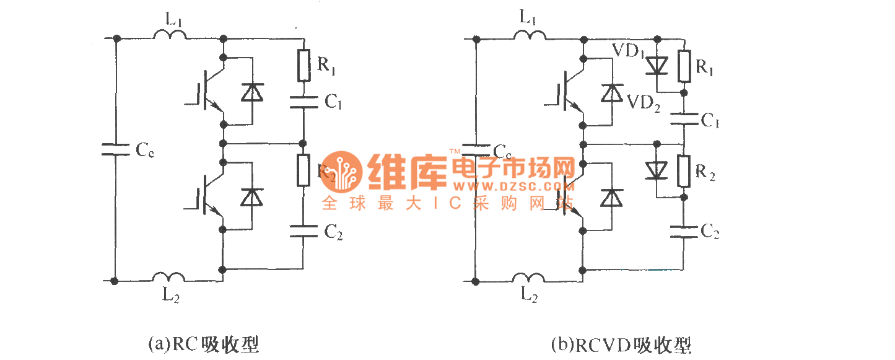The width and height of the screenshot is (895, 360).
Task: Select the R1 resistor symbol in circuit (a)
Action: (x=303, y=66)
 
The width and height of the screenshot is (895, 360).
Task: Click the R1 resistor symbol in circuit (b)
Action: (x=684, y=66)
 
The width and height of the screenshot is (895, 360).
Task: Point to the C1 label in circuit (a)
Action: (x=333, y=102)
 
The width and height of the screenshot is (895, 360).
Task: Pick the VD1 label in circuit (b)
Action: (x=627, y=51)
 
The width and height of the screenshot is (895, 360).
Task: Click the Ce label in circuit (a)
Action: (x=145, y=150)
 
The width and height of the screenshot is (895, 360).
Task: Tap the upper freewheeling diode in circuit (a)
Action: (x=252, y=92)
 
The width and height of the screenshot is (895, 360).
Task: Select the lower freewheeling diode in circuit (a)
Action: (x=252, y=197)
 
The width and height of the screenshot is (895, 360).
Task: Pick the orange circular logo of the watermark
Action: (x=341, y=171)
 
